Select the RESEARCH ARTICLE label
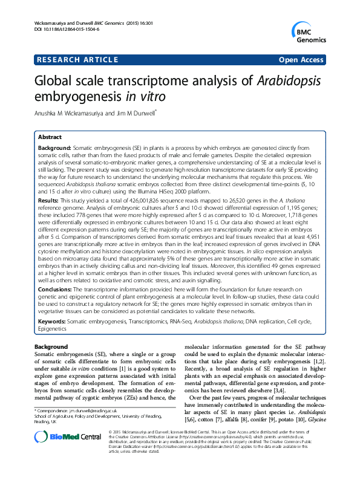(x=77, y=60)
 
